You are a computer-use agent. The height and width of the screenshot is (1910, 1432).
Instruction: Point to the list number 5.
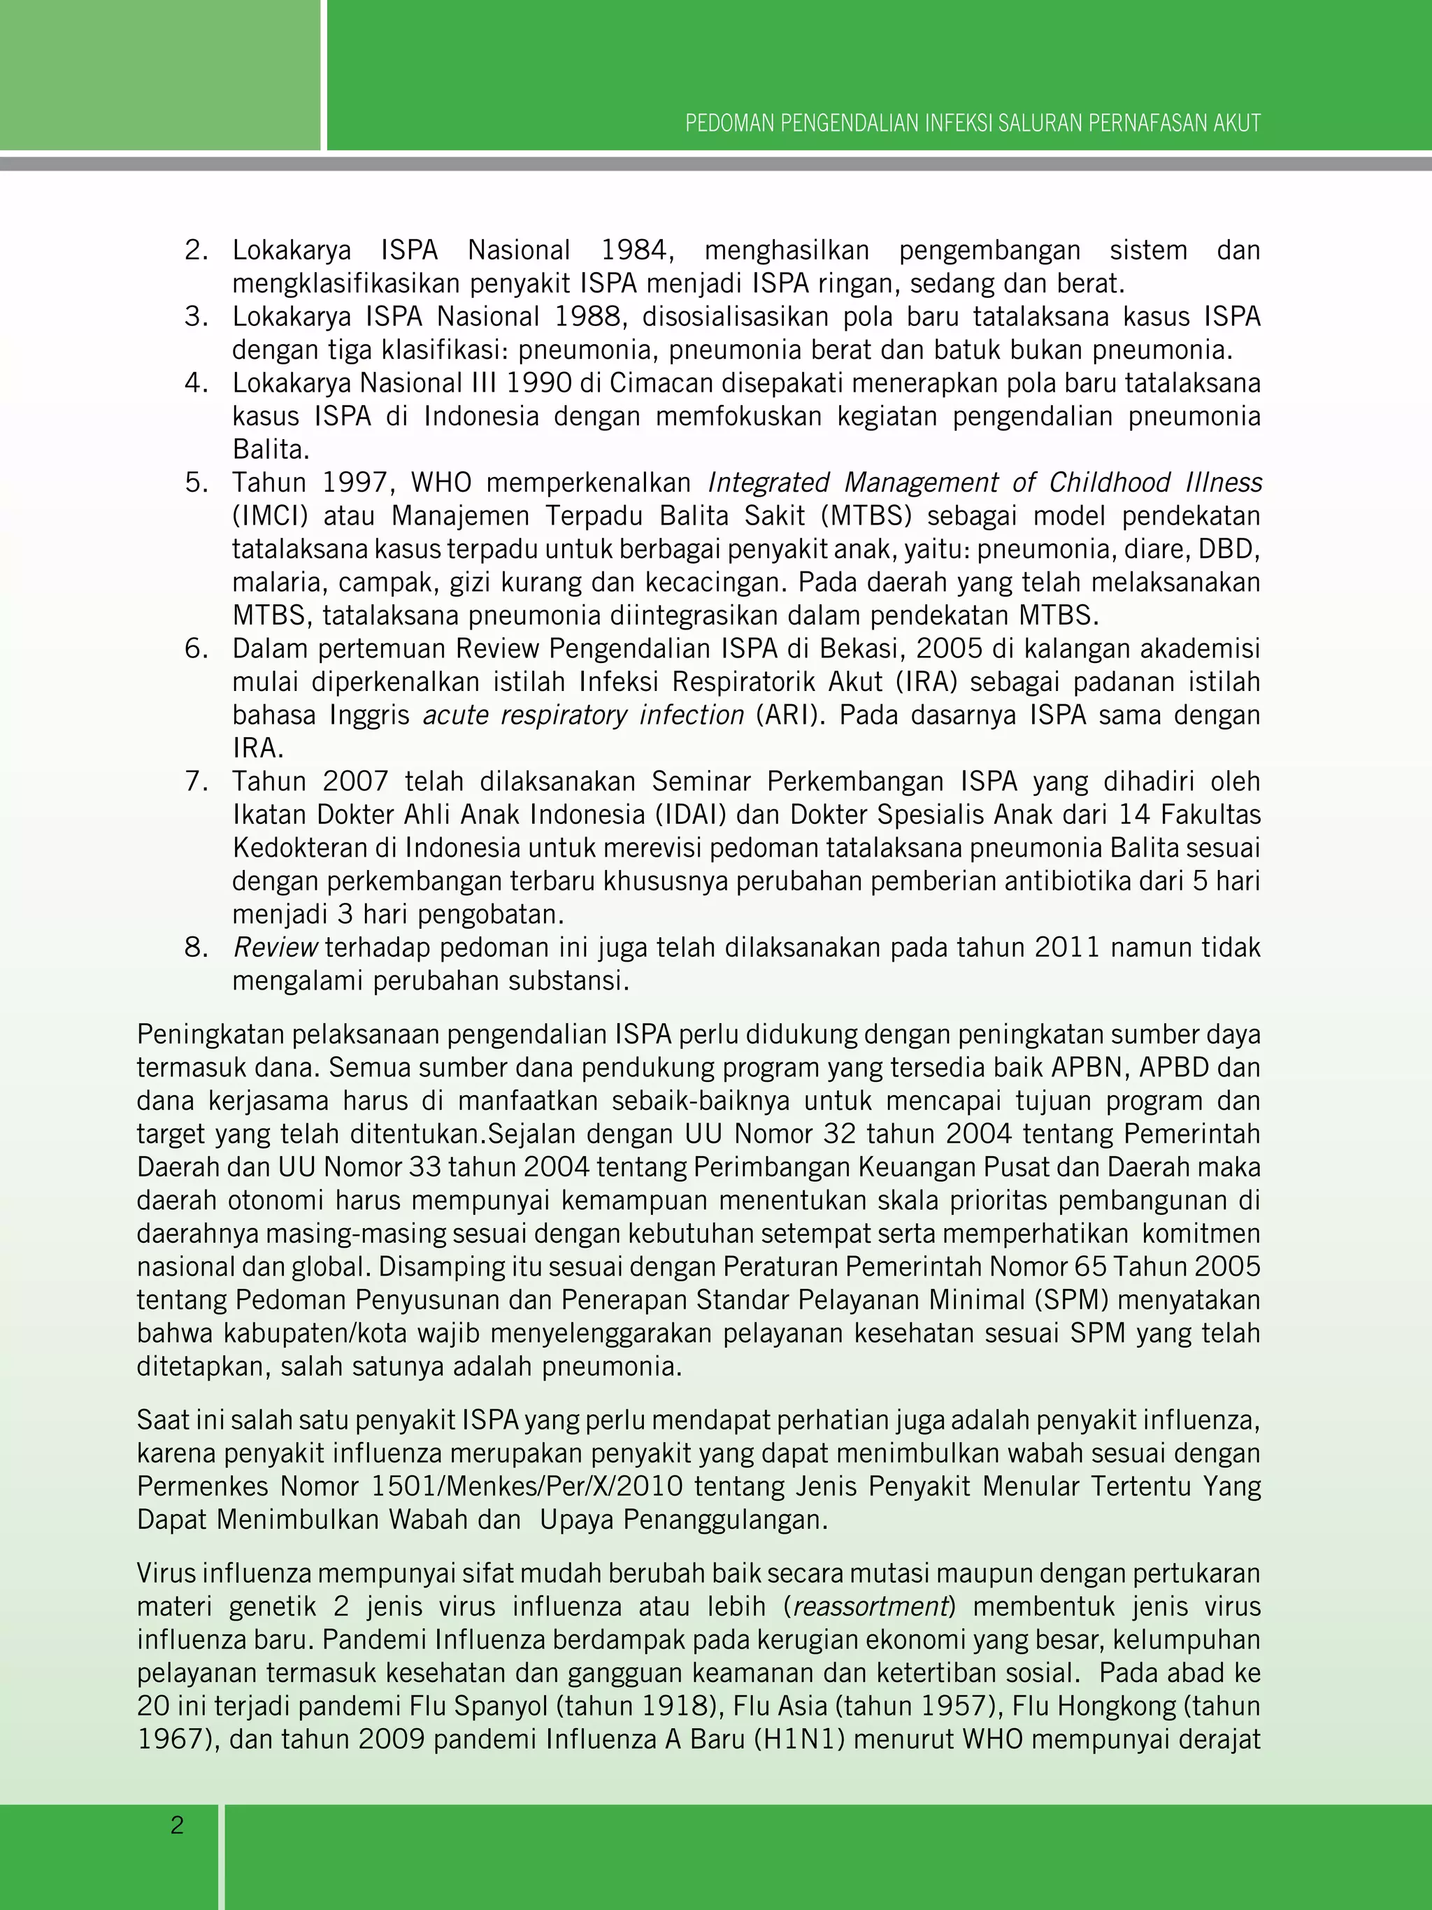coord(196,483)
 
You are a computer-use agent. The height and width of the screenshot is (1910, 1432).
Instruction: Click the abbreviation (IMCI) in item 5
coord(269,515)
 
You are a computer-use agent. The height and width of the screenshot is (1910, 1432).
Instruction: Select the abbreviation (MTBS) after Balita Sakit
coord(866,515)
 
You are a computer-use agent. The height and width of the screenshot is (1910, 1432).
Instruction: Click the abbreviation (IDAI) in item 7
coord(691,814)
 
